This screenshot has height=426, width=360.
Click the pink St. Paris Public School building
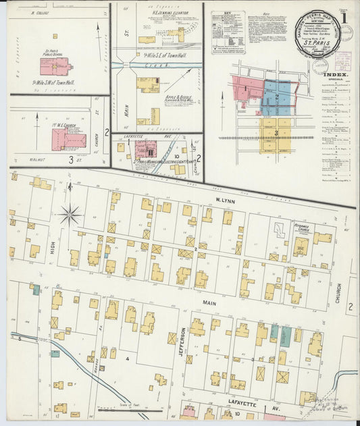(x=54, y=66)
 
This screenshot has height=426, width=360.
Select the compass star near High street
(x=70, y=215)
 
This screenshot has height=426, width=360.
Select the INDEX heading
(x=335, y=75)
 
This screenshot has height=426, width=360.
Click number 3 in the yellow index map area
(x=276, y=133)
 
